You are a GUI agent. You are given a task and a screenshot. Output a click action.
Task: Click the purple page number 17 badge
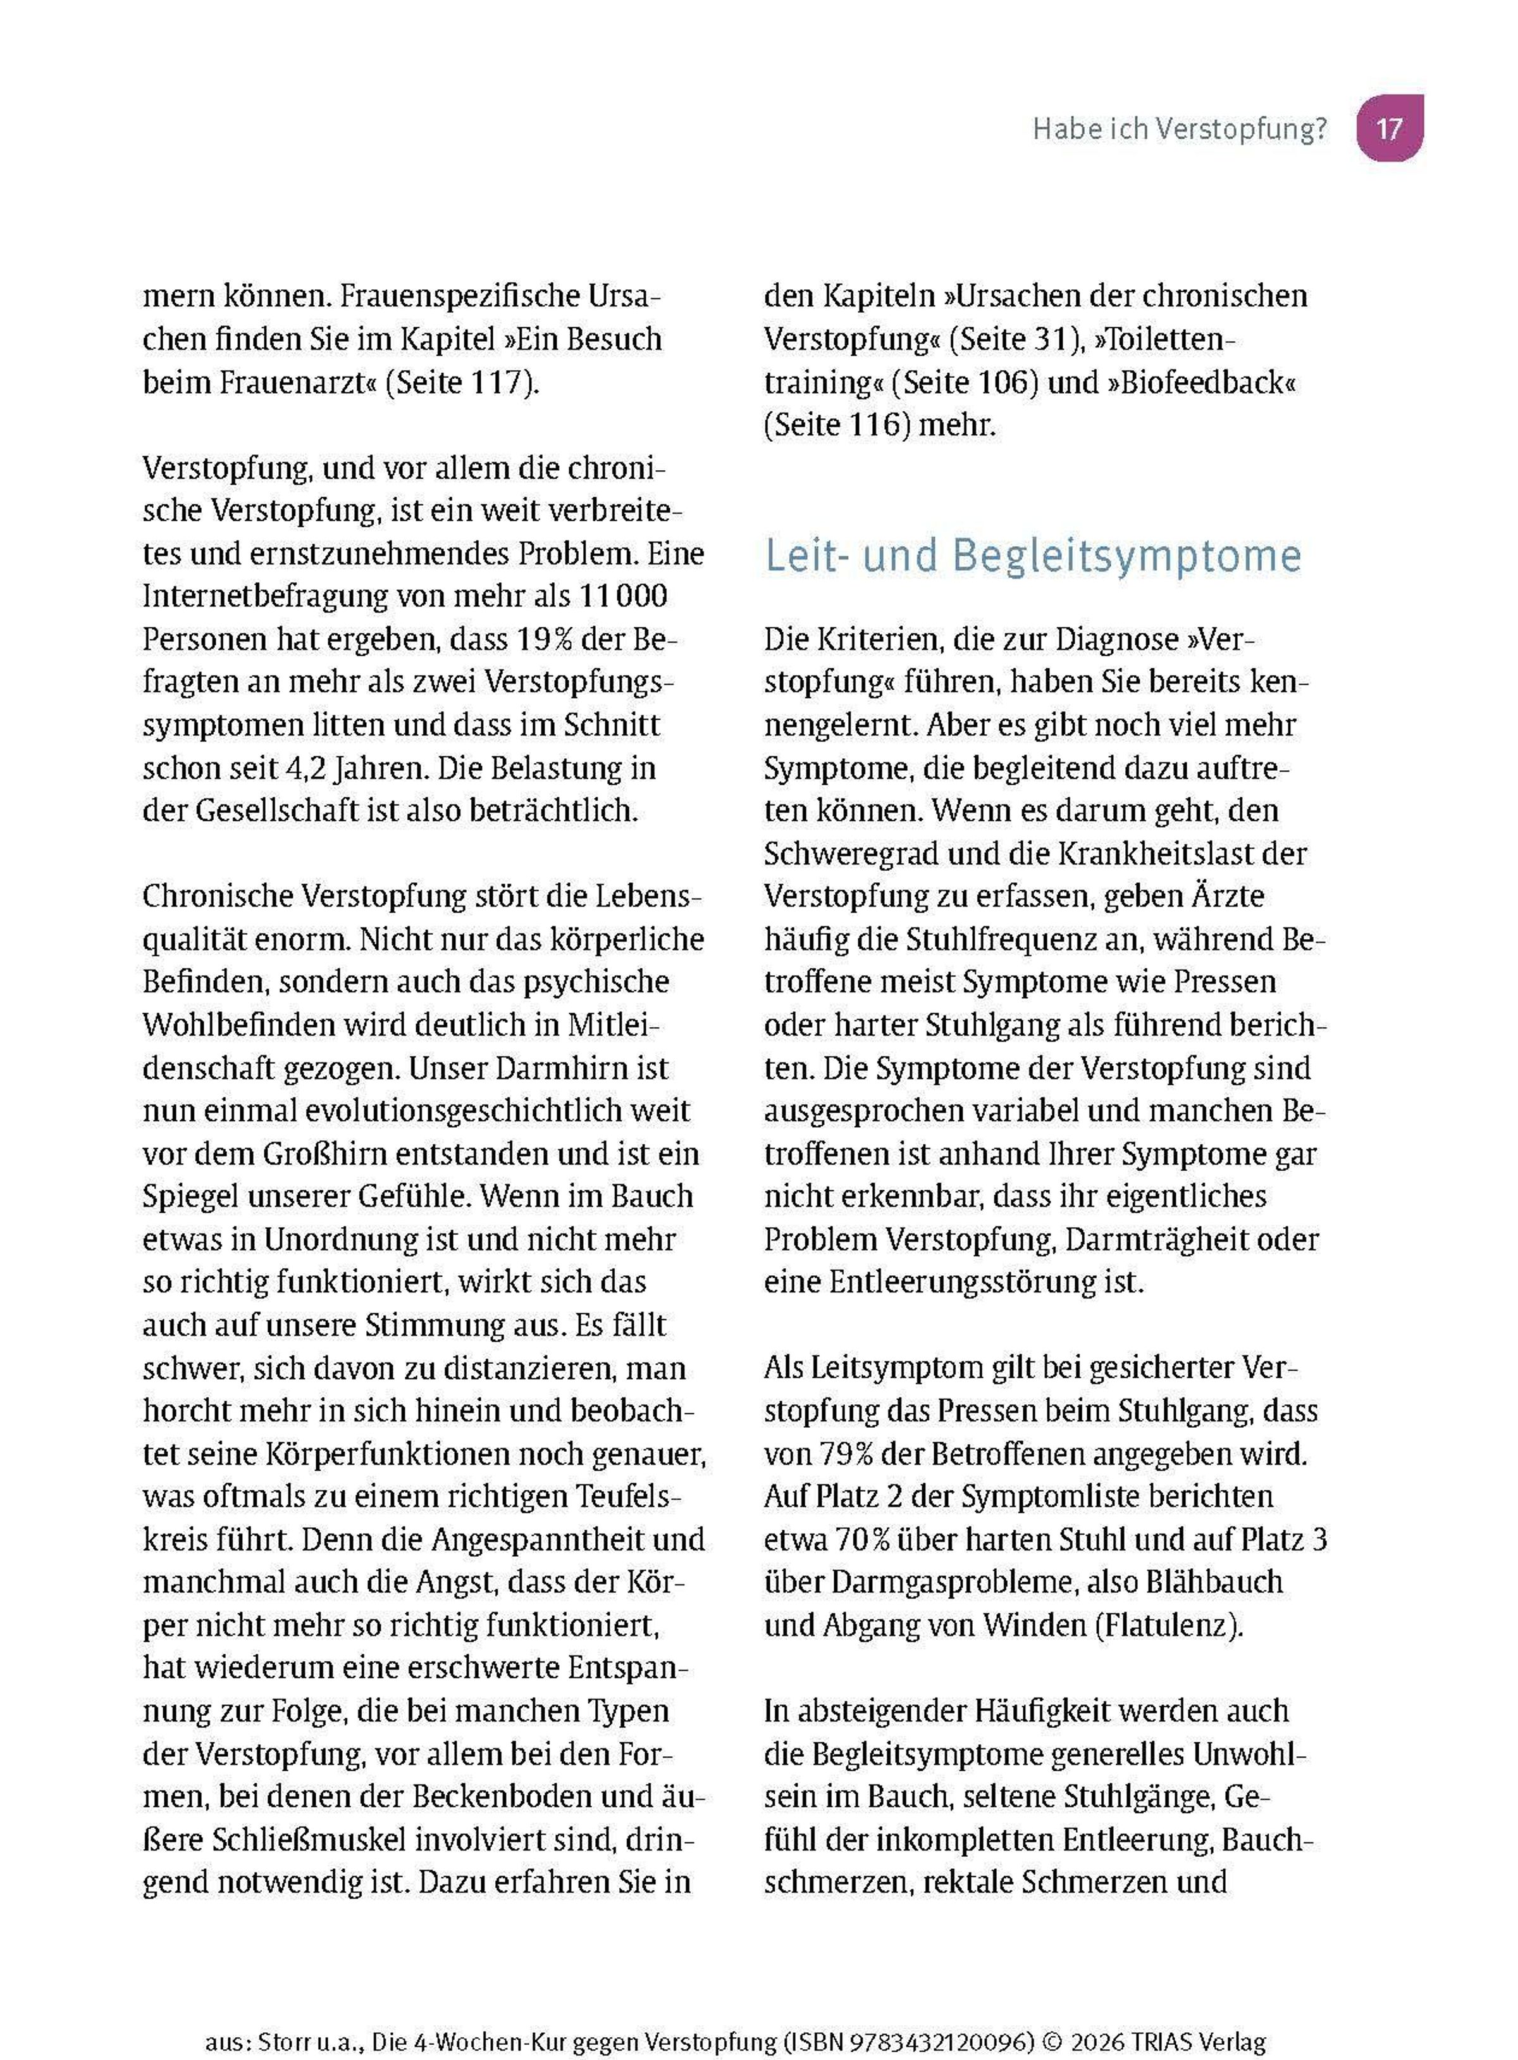click(1390, 128)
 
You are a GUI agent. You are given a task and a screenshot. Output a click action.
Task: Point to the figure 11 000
click(623, 597)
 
